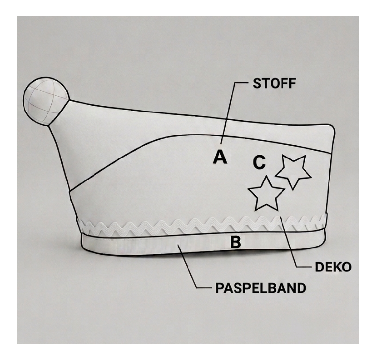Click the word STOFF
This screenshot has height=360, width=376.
pos(274,83)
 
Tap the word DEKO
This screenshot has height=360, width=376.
pos(333,267)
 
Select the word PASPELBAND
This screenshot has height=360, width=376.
pos(260,288)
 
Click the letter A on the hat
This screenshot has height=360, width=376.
pos(220,157)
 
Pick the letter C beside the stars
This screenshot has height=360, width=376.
pos(259,162)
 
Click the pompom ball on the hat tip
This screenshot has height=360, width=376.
pos(46,101)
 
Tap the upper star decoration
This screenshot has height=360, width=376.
pos(293,172)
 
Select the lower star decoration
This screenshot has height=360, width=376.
pos(266,194)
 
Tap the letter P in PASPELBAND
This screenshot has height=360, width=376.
pos(220,288)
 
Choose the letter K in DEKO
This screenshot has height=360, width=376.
pos(337,267)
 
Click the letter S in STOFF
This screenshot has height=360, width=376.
pos(258,83)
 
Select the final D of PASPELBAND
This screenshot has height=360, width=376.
pos(301,288)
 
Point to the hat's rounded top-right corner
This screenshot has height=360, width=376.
pos(331,127)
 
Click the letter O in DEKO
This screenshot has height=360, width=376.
pos(347,267)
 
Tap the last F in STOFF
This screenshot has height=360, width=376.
pos(292,83)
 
